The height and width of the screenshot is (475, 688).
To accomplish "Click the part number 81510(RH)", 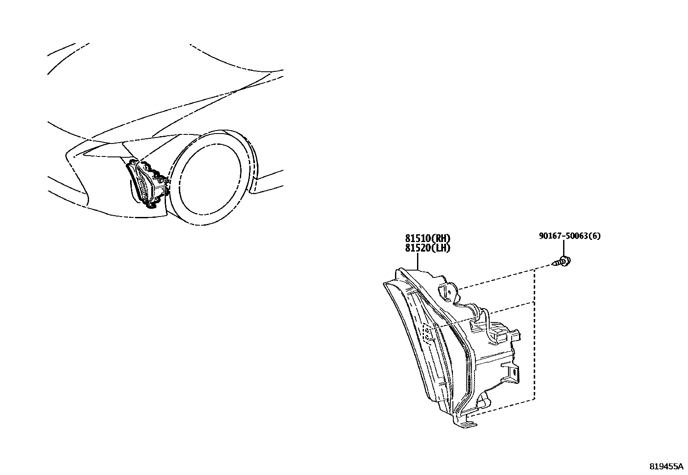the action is tap(427, 238).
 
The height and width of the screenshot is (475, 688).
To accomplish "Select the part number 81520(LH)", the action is tap(427, 248).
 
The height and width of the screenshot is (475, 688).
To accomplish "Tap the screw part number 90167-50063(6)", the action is tap(569, 236).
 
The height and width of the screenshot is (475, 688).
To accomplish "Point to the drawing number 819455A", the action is tap(666, 467).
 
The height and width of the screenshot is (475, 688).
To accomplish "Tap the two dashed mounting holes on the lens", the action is tap(427, 333).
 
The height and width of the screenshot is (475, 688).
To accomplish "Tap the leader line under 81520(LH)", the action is tap(418, 261).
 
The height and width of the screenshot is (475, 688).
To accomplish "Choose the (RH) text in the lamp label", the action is tap(441, 238).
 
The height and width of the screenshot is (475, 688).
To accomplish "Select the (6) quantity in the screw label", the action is tap(596, 236).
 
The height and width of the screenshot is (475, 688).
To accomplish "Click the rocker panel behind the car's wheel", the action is tap(268, 179).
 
